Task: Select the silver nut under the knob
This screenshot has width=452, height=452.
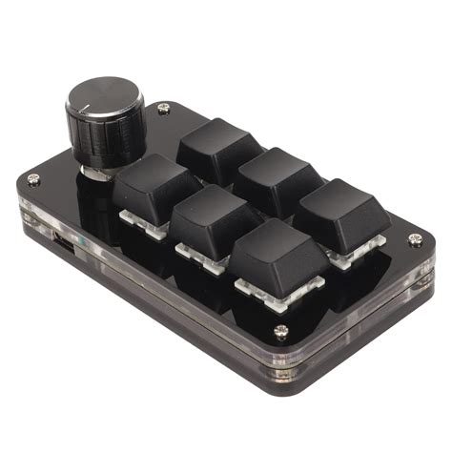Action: (x=99, y=172)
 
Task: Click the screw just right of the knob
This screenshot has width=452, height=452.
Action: (x=164, y=111)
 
